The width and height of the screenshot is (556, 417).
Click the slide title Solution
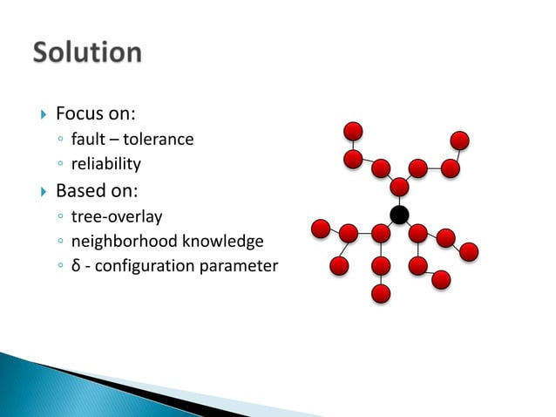(x=87, y=52)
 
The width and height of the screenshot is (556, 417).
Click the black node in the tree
(x=399, y=215)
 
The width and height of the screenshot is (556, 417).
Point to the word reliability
(x=105, y=163)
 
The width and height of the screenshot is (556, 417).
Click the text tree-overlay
(x=117, y=215)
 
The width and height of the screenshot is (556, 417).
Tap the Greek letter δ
(x=76, y=265)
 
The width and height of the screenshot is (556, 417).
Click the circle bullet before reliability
(x=60, y=164)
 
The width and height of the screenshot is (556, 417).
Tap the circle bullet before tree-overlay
(x=60, y=216)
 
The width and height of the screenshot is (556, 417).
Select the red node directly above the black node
(x=399, y=187)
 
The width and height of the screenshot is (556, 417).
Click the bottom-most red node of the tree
(x=380, y=293)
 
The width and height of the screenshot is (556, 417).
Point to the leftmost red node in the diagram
(x=321, y=229)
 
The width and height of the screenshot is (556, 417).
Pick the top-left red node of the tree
(x=353, y=132)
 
